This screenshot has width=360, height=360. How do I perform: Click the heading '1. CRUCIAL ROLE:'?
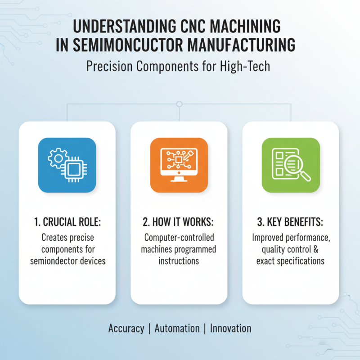point(67,222)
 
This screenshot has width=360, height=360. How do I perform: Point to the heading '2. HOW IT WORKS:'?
point(179,222)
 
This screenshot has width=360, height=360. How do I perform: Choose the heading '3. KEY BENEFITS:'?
point(291,222)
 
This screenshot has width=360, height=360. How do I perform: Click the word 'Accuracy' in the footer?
point(126,328)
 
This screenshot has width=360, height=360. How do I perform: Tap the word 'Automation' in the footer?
point(177,328)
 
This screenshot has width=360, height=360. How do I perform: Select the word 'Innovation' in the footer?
point(230,328)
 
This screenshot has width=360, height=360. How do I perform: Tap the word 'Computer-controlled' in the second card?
point(179,237)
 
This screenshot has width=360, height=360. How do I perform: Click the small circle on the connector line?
point(179,104)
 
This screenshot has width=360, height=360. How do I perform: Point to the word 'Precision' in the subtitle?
point(106,67)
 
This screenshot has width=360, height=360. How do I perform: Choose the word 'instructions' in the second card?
point(179,261)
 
